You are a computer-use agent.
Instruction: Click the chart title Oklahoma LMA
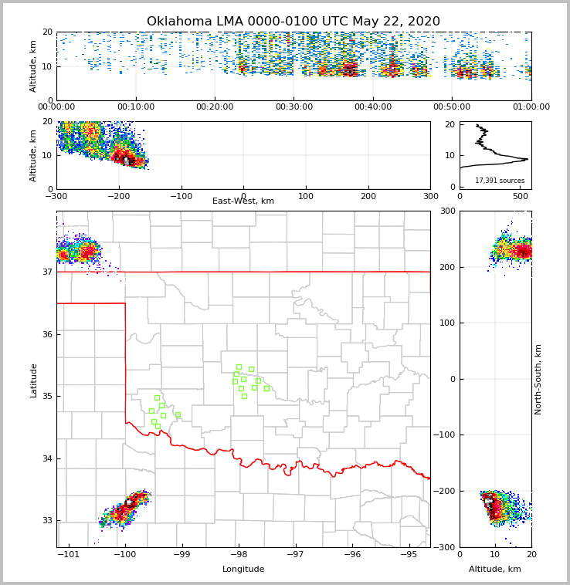293,22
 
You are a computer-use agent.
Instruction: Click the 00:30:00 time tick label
293,107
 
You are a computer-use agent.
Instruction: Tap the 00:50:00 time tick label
452,107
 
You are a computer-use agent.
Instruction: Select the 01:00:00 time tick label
531,107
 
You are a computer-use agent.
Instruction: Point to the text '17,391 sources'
500,181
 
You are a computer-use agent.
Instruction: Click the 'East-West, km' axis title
243,201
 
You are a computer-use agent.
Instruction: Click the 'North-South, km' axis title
538,379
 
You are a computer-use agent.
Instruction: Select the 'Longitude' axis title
243,570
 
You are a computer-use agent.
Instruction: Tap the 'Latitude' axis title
33,380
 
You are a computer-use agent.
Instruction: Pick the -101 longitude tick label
70,554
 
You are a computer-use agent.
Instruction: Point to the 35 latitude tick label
47,397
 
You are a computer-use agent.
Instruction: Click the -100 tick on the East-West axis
181,196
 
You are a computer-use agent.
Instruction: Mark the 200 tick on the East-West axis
368,196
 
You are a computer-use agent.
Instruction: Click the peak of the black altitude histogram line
527,159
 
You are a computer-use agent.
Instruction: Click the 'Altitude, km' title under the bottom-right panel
495,570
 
